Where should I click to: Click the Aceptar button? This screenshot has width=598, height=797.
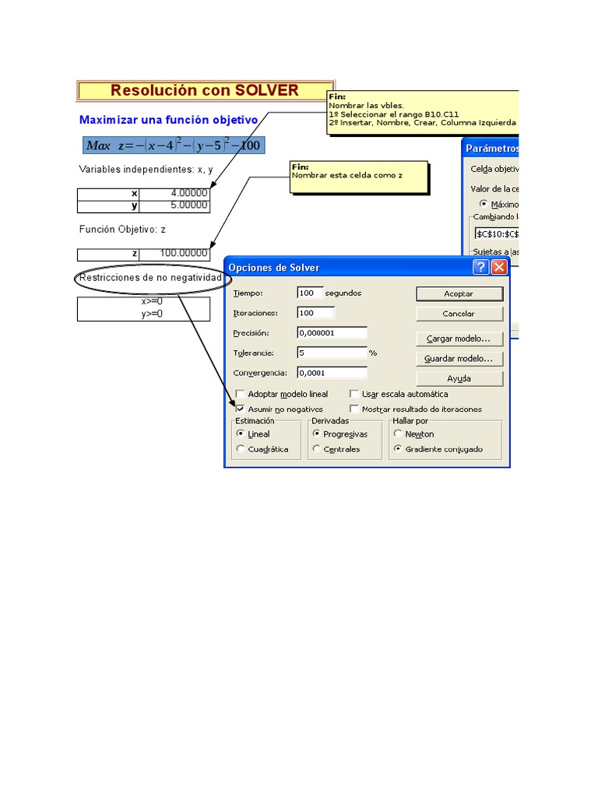click(459, 294)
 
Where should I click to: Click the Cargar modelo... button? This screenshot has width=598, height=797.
click(459, 339)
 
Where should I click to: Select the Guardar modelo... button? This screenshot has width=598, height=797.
click(459, 359)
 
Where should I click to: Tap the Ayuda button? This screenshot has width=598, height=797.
click(459, 378)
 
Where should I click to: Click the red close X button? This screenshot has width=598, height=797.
click(499, 268)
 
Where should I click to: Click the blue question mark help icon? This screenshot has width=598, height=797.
click(480, 268)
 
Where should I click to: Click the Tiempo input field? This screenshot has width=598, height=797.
click(310, 293)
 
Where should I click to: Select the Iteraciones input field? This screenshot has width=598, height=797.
click(316, 313)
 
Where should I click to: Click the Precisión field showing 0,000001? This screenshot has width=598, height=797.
click(332, 333)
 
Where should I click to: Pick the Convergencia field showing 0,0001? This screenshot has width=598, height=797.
click(332, 373)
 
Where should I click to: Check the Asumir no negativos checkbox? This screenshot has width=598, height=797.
click(241, 409)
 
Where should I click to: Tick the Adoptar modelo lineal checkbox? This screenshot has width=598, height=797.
click(241, 395)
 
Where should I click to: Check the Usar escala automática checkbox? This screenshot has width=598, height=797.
click(354, 395)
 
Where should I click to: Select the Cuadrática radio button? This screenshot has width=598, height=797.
click(241, 449)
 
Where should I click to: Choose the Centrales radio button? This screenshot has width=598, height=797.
click(316, 449)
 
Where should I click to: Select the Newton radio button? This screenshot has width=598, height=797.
click(398, 434)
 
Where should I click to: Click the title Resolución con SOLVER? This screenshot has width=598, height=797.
click(205, 90)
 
